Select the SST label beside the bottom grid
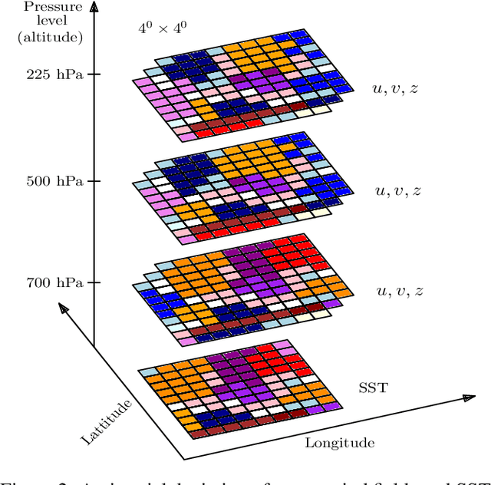pyautogui.click(x=373, y=388)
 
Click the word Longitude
pyautogui.click(x=340, y=443)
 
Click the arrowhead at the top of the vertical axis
pyautogui.click(x=94, y=8)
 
